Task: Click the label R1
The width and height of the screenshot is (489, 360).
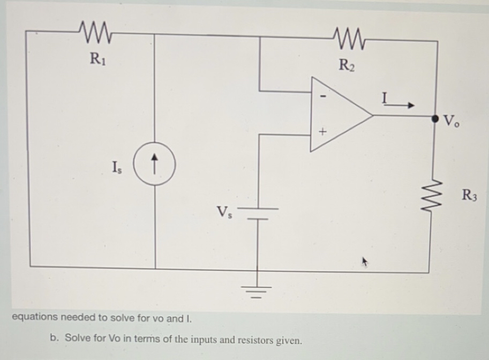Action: tap(97, 57)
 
